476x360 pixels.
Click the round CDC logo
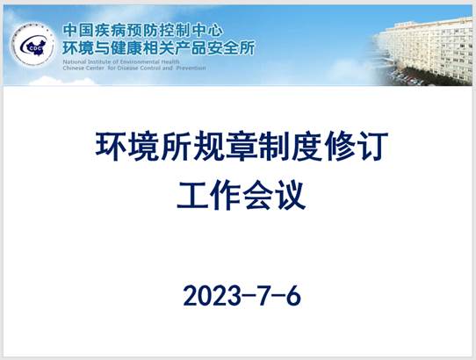pos(32,45)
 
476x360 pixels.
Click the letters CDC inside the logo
pos(33,48)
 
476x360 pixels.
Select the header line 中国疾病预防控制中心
pos(143,31)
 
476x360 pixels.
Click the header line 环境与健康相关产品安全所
pos(159,48)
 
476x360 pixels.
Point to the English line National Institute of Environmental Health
pos(121,62)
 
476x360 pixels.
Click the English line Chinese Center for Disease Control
pos(122,68)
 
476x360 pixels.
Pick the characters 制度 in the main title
pos(291,146)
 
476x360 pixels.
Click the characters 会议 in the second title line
pos(274,195)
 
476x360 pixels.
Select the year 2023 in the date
pos(212,295)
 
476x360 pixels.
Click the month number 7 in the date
pos(263,295)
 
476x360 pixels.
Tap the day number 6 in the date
pos(293,295)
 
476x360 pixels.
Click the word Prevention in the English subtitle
pos(191,68)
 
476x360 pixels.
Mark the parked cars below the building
pos(407,78)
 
